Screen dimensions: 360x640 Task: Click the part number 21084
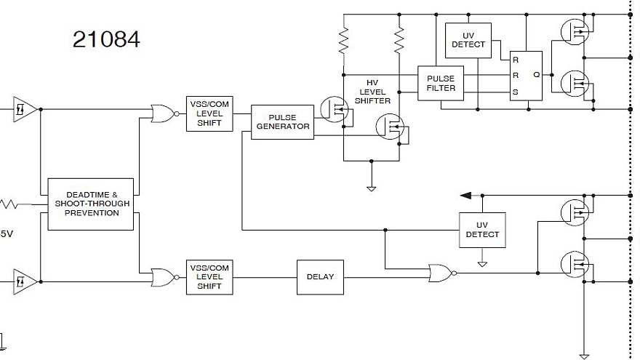pos(106,39)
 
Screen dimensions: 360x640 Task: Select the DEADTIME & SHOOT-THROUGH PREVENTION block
pos(91,204)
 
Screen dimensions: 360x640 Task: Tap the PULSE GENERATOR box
pos(281,121)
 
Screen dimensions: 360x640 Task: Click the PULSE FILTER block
pos(441,83)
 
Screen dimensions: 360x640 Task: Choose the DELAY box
pos(320,276)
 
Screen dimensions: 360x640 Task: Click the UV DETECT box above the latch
pos(468,40)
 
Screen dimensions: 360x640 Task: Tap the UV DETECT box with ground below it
pos(481,230)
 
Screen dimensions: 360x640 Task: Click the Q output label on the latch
pos(536,74)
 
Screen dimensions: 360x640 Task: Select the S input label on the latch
pos(516,92)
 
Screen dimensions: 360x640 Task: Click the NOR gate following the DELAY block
pos(441,273)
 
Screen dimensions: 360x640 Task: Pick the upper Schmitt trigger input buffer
pos(25,109)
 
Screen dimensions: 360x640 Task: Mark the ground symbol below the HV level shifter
pos(371,188)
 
